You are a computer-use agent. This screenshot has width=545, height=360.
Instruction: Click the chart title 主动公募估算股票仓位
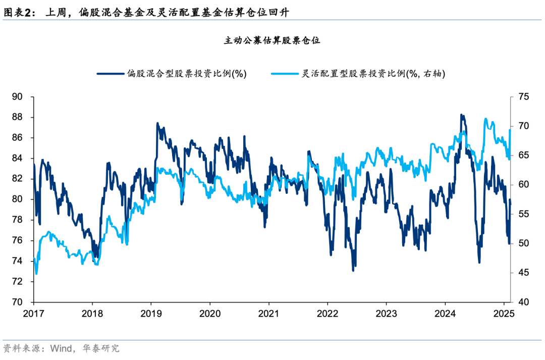(x=272, y=41)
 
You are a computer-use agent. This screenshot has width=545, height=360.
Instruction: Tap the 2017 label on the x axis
(x=34, y=313)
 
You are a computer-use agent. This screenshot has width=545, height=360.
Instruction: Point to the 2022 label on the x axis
(x=327, y=313)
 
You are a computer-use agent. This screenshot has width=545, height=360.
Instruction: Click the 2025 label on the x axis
(x=503, y=313)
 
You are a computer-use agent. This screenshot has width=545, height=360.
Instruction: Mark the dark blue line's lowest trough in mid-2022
(x=353, y=270)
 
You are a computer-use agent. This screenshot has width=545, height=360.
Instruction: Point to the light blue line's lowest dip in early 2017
(x=36, y=274)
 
